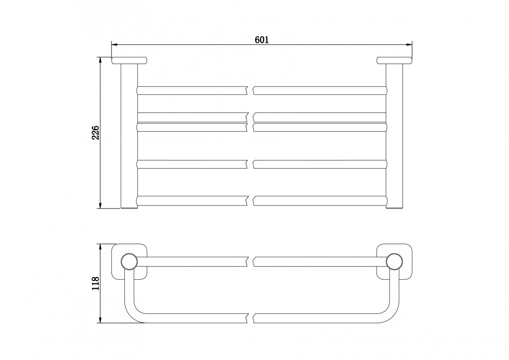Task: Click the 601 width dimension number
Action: pyautogui.click(x=262, y=40)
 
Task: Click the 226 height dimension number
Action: pyautogui.click(x=96, y=132)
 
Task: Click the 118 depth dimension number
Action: pyautogui.click(x=96, y=283)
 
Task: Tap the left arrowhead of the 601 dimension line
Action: pyautogui.click(x=114, y=45)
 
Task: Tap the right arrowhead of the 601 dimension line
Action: pyautogui.click(x=409, y=45)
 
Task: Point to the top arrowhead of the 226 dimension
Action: pyautogui.click(x=100, y=60)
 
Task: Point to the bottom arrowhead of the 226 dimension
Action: pyautogui.click(x=100, y=205)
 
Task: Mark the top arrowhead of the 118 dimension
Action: pyautogui.click(x=100, y=247)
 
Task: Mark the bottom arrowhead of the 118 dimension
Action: pyautogui.click(x=100, y=320)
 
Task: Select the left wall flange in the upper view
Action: pyautogui.click(x=129, y=60)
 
